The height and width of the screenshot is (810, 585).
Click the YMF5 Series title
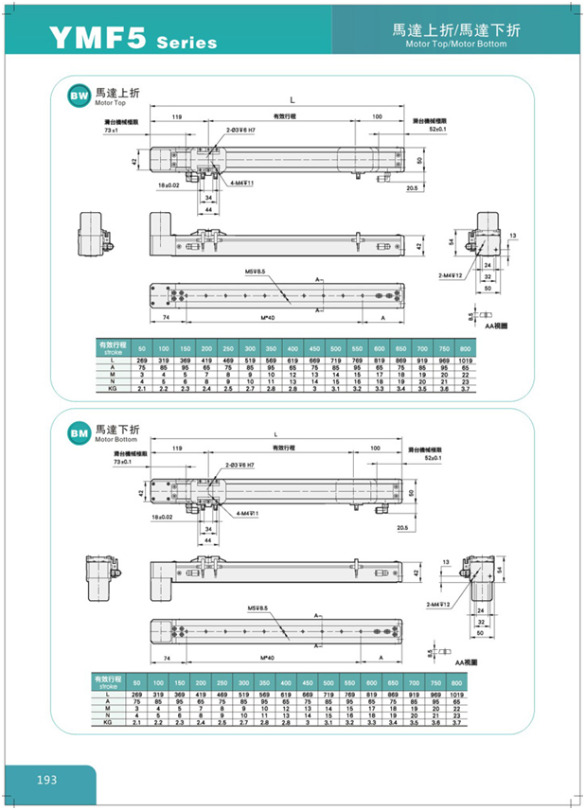[x=133, y=39]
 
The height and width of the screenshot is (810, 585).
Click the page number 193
[x=46, y=780]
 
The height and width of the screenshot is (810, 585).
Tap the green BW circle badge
[x=78, y=97]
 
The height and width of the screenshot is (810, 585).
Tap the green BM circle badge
[x=78, y=432]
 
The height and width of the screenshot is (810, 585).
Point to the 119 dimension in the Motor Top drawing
[x=176, y=115]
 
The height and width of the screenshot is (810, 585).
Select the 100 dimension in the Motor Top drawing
[x=377, y=115]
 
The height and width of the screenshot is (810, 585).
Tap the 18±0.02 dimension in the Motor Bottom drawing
[x=163, y=518]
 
